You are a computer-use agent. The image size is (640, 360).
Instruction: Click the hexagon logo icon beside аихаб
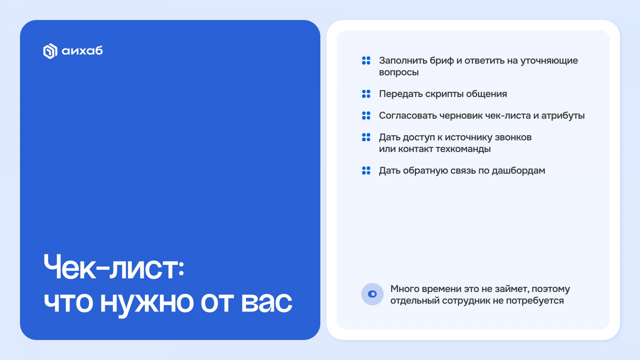tap(50, 51)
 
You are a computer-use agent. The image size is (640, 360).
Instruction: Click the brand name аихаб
tap(82, 51)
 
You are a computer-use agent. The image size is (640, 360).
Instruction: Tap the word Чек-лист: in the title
tap(114, 267)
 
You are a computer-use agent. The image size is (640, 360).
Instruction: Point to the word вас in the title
tap(266, 302)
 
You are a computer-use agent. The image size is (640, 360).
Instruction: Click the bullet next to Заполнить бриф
tap(366, 60)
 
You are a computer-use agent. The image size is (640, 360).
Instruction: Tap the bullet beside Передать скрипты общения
tap(366, 94)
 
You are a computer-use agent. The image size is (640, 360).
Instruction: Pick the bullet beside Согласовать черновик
tap(366, 116)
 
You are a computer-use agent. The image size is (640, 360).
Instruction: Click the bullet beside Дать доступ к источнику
tap(366, 137)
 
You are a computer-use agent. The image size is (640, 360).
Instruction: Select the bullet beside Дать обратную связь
tap(366, 170)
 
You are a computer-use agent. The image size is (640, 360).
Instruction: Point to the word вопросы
tap(399, 72)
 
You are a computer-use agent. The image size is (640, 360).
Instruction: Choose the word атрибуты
tap(563, 116)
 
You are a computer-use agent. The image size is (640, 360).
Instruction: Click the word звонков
tap(513, 138)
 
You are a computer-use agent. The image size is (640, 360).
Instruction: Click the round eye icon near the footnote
tap(372, 294)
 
